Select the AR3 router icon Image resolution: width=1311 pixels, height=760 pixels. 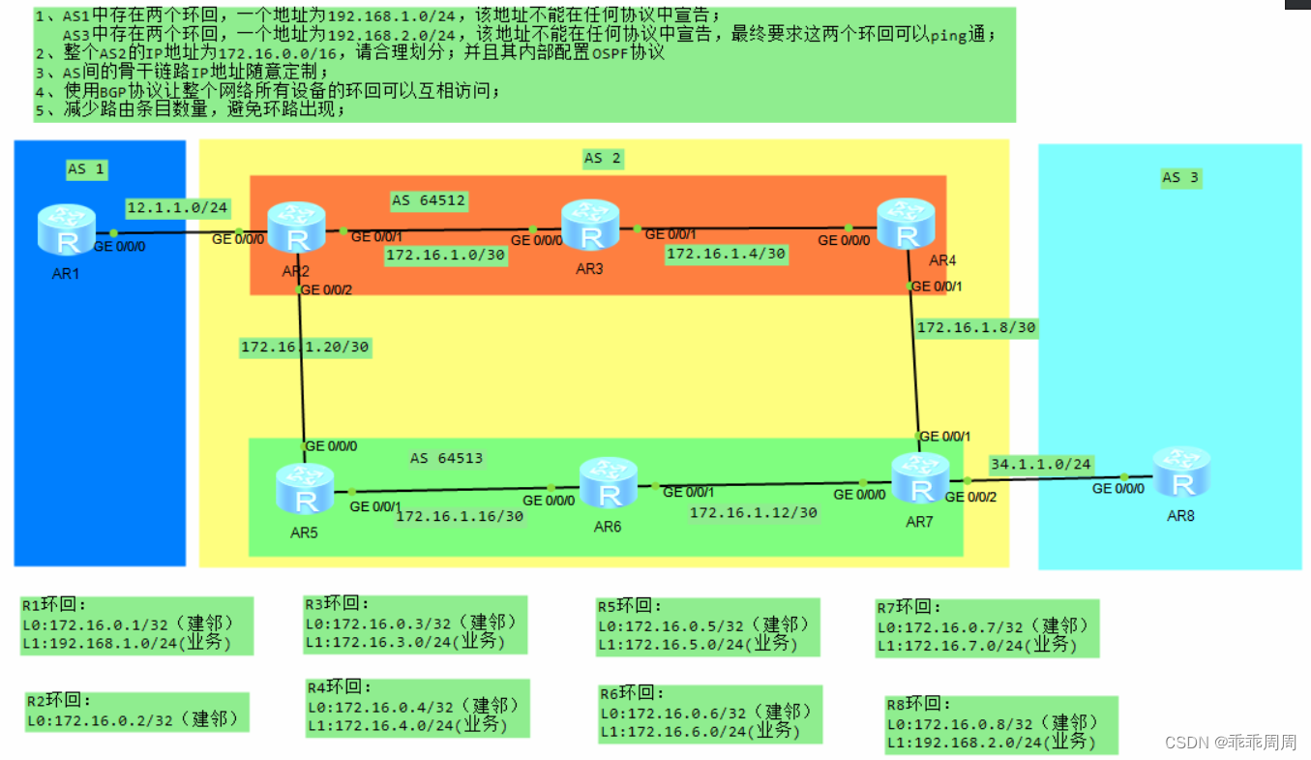(x=589, y=226)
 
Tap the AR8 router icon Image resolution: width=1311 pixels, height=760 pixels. (x=1180, y=471)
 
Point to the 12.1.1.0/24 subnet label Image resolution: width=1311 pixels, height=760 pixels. (x=177, y=207)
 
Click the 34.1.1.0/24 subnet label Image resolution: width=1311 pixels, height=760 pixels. (x=1040, y=465)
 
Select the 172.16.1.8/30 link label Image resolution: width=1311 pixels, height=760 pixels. (x=976, y=327)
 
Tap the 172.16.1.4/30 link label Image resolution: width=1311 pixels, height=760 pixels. (x=726, y=255)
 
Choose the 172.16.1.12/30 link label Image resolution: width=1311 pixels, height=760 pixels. (x=753, y=512)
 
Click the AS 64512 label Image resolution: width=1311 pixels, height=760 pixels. (x=429, y=201)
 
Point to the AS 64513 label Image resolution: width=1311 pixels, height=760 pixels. (x=446, y=458)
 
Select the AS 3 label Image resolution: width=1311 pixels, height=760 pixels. (x=1180, y=177)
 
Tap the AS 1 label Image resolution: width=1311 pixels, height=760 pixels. (x=85, y=169)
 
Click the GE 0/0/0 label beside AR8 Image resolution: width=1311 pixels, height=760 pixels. (x=1118, y=489)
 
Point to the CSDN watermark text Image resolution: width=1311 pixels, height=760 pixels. (x=1230, y=743)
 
